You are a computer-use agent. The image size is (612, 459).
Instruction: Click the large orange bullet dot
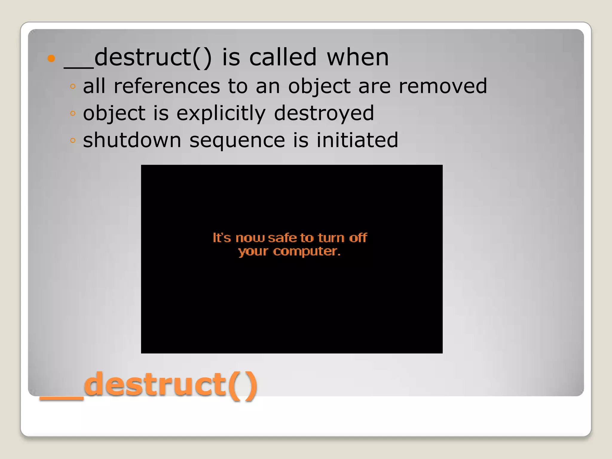51,58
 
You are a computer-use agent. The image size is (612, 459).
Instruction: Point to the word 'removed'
443,86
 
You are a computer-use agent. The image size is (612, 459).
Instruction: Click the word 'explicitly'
221,114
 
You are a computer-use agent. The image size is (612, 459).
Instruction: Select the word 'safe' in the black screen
282,238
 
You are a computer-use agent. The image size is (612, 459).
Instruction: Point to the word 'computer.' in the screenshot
307,251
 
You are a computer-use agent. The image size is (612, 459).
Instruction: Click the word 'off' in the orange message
358,238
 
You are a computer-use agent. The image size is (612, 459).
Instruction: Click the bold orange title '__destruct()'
149,385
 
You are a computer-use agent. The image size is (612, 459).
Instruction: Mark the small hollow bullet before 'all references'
73,87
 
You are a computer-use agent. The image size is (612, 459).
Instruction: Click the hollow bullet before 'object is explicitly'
73,114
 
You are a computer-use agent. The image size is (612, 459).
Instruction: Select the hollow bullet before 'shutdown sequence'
73,140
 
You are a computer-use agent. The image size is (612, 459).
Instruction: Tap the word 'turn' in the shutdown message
331,238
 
